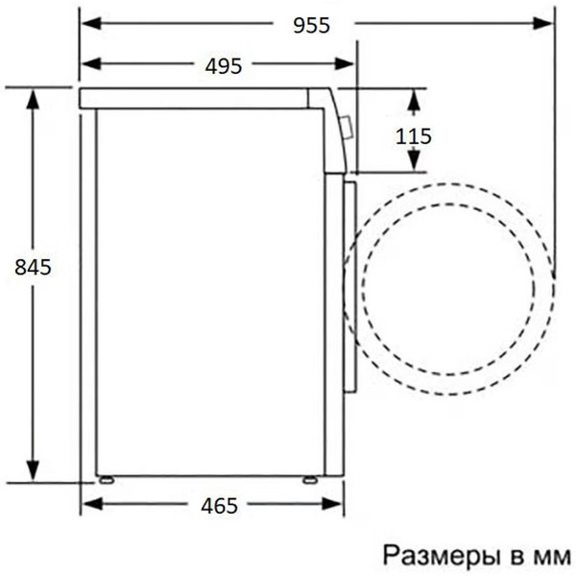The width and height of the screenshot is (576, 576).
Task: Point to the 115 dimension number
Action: click(x=414, y=135)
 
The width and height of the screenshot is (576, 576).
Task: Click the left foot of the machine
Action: click(x=105, y=477)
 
